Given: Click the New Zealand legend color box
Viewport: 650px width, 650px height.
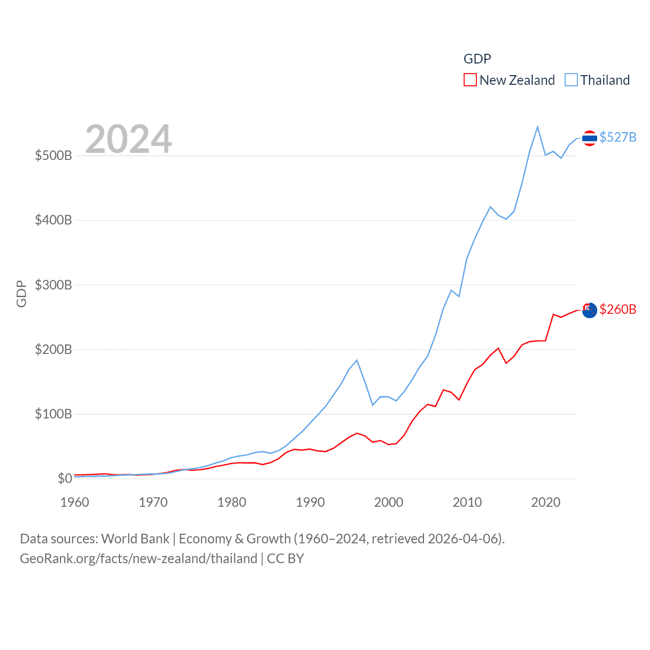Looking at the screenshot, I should (x=470, y=80).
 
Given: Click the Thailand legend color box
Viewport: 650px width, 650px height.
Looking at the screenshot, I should (x=571, y=80).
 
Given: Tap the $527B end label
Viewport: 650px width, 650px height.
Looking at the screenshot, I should (x=617, y=137).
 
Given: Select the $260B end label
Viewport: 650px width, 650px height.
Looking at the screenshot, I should (x=617, y=309).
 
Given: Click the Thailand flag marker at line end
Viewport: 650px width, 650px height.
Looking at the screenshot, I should (x=589, y=138).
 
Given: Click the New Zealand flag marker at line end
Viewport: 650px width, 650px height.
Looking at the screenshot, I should (x=589, y=310).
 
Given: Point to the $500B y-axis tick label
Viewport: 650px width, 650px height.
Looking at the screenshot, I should (x=53, y=155).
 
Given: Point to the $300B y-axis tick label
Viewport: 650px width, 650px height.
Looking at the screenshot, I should (x=53, y=285).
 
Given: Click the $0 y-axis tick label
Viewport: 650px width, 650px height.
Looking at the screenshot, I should (x=65, y=478).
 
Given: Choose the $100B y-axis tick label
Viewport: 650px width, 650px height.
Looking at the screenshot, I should (x=53, y=414).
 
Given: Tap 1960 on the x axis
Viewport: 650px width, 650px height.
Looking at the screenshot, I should (x=75, y=502).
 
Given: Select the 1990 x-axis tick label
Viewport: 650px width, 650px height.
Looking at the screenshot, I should (x=310, y=502).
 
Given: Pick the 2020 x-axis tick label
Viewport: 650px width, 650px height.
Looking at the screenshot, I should (x=545, y=502).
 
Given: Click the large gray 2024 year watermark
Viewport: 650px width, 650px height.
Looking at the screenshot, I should (x=128, y=139).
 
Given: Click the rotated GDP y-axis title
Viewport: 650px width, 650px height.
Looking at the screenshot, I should (x=21, y=294).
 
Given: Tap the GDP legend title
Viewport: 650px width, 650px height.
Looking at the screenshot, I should (x=477, y=59).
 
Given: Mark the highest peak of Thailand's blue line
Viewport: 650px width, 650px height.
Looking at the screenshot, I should (x=537, y=127).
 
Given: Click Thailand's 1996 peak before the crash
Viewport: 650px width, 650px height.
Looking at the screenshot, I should (x=357, y=360).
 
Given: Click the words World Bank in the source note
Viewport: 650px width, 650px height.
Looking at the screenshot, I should (x=135, y=538).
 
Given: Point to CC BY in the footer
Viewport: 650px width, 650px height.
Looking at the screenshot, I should (x=285, y=559).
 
